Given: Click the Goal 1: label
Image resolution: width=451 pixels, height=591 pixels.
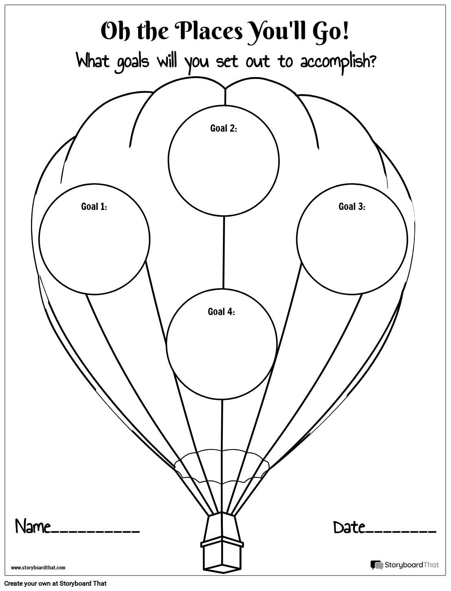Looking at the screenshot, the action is tap(94, 207).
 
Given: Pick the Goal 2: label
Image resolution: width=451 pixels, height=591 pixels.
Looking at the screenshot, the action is tap(224, 128).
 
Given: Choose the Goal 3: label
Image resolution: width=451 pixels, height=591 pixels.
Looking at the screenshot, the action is tap(352, 206).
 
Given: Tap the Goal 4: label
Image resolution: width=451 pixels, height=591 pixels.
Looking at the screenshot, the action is tap(222, 311).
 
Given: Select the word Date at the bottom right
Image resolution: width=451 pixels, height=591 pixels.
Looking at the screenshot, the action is tap(349, 527).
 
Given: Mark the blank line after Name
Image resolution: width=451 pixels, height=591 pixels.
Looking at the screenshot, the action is tap(95, 533).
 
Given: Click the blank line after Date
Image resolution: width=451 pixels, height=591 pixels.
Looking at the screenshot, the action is tap(400, 533).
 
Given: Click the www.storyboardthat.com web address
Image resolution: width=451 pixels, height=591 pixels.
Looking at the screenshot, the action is tap(38, 568).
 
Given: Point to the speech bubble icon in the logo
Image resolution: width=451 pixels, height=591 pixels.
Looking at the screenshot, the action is tap(377, 565).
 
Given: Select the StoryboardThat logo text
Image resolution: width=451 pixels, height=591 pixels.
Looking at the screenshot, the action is tap(412, 565).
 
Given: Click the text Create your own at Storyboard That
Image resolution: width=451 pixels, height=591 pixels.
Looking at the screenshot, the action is tap(56, 584).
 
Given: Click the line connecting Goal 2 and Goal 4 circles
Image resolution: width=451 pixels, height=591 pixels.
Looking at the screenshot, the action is tap(223, 252).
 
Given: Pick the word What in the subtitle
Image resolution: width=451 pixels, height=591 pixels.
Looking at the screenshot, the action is tap(93, 60).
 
